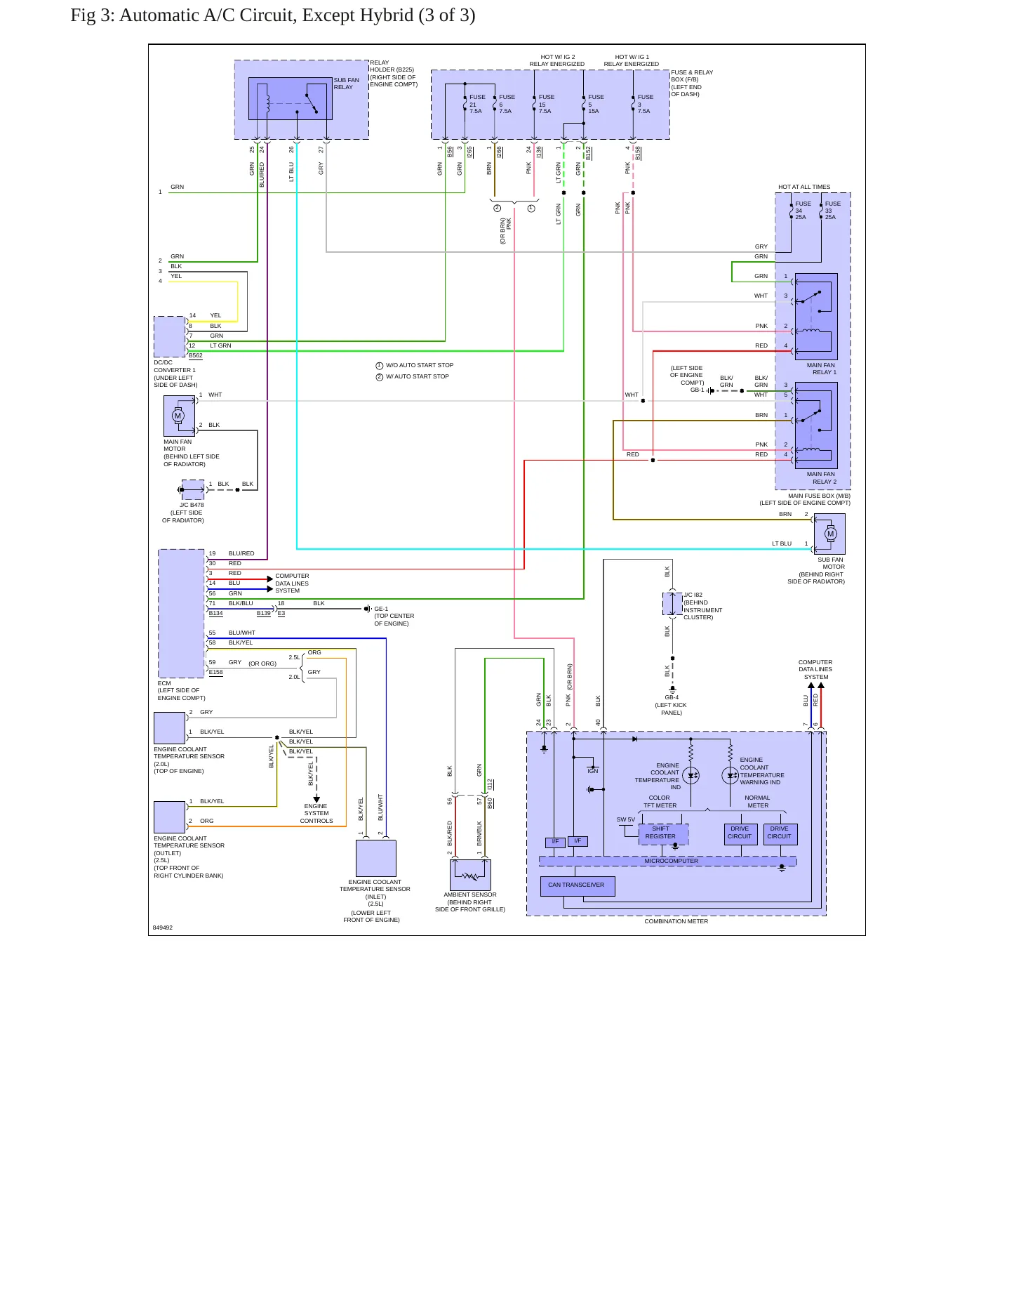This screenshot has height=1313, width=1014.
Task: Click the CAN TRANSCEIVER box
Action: (578, 886)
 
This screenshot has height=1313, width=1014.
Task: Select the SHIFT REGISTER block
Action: (663, 833)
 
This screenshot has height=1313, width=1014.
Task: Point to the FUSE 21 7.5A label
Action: (477, 104)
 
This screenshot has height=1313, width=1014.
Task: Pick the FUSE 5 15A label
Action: (596, 104)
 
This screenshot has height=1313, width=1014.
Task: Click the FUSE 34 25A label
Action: (803, 211)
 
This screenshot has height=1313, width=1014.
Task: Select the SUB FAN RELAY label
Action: (346, 84)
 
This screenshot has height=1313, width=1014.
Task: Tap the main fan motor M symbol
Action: (178, 416)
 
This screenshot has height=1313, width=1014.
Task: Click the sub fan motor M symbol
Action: (831, 534)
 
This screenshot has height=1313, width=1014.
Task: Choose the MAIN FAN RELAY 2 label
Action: (821, 478)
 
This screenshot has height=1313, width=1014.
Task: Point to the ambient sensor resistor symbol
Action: (470, 876)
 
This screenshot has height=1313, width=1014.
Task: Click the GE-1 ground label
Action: (381, 609)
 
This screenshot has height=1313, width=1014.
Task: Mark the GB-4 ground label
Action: (672, 697)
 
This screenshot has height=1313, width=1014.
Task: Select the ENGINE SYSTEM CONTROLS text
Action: (316, 813)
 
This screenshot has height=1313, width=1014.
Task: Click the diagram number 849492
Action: (162, 928)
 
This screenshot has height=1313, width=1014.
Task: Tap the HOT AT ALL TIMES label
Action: (804, 187)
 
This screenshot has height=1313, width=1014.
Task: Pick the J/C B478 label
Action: (192, 505)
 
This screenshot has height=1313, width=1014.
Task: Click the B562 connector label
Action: (196, 355)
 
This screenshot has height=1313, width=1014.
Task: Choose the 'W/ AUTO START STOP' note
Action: (417, 376)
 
